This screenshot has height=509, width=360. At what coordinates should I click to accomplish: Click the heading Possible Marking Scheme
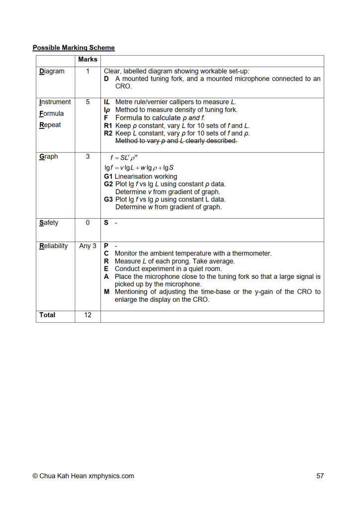74,48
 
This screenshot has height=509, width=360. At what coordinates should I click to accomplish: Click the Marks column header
88,60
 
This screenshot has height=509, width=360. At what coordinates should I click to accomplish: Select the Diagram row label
52,71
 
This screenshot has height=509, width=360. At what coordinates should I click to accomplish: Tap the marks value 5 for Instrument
88,102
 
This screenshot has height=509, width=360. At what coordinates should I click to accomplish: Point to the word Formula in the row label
51,113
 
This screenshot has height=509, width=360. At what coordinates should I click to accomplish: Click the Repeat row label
50,125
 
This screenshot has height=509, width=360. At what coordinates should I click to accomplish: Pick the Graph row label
49,157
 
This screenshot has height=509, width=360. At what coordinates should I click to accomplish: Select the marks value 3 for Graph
88,157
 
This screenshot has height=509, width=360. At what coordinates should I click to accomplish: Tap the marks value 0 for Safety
88,223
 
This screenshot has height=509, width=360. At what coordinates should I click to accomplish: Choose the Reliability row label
54,246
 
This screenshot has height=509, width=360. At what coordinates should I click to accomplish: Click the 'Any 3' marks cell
88,246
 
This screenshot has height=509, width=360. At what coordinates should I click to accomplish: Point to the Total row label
47,315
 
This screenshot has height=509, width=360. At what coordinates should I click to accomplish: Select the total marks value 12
88,315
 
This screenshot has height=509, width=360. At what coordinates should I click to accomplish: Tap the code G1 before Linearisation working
108,176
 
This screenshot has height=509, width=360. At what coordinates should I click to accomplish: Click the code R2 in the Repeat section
108,133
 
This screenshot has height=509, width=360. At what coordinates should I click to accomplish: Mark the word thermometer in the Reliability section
251,254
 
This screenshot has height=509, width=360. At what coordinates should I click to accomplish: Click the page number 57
320,476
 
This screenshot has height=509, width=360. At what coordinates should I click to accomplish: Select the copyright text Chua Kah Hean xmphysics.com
83,476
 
